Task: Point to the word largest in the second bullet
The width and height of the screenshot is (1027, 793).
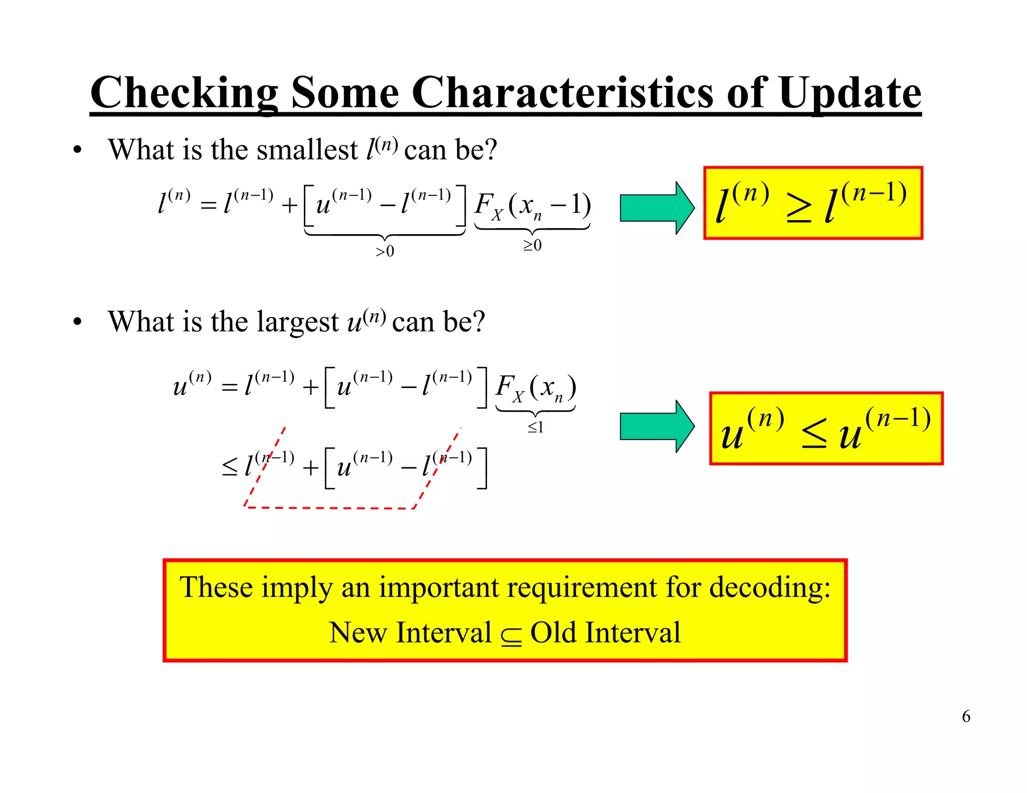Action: [297, 322]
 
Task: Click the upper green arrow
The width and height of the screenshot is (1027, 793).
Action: [656, 208]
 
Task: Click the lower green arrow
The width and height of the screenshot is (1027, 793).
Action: [656, 427]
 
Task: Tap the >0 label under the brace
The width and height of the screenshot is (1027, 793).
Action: [385, 251]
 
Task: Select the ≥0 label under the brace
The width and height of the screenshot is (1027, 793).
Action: [532, 245]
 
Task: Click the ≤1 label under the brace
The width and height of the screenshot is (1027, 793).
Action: [535, 428]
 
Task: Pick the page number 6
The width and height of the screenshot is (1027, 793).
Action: [966, 716]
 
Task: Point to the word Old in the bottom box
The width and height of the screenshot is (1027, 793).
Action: [553, 633]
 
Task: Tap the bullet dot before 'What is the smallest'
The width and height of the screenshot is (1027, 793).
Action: [77, 150]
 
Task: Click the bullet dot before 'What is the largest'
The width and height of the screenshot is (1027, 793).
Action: [77, 322]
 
